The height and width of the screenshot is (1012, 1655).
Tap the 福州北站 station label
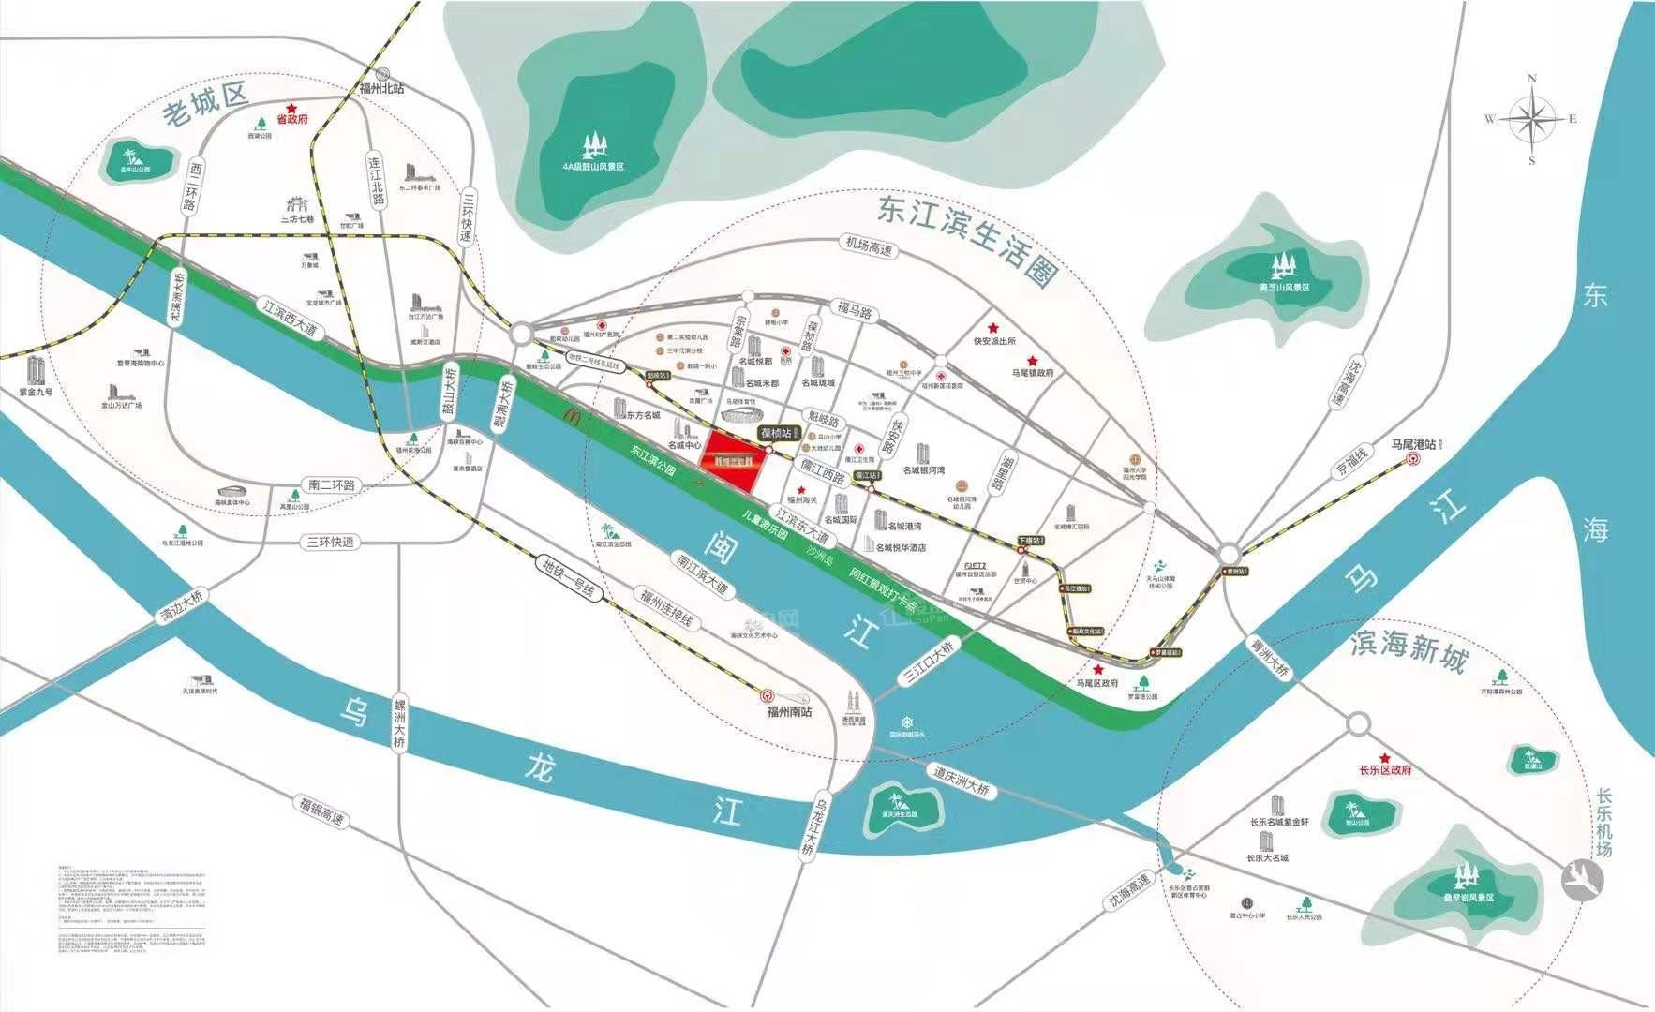tap(381, 88)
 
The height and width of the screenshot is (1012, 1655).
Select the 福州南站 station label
tap(789, 711)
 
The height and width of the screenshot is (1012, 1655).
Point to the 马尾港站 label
tap(1412, 444)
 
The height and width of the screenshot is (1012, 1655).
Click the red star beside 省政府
tap(291, 108)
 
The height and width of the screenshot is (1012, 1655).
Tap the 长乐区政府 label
tap(1385, 770)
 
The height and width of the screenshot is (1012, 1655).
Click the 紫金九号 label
tap(36, 392)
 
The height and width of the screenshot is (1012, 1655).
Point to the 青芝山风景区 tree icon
tap(1281, 268)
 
